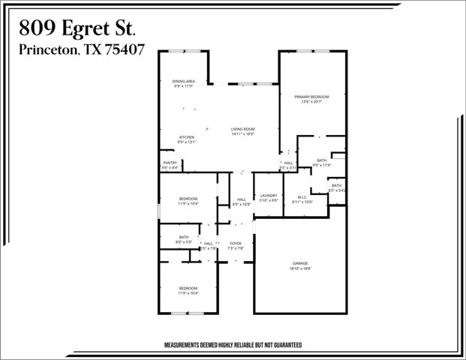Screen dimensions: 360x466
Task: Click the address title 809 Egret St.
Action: [77, 28]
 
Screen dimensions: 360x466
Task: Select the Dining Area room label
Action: [184, 81]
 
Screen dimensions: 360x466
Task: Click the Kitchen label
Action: [187, 137]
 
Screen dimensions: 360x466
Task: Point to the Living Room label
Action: [243, 130]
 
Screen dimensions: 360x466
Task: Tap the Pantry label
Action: [170, 163]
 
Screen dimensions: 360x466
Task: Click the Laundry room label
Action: [269, 195]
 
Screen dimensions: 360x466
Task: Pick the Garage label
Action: [300, 262]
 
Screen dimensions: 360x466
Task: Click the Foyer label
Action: [236, 243]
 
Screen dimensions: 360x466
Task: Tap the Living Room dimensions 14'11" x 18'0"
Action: [243, 135]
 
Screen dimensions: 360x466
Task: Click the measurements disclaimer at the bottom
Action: [233, 346]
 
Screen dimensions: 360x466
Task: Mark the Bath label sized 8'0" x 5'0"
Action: [184, 238]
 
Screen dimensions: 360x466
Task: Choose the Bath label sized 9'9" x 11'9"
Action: [321, 160]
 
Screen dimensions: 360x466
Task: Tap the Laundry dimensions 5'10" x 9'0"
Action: [269, 200]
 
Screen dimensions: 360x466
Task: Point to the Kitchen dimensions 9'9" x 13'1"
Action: [187, 142]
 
